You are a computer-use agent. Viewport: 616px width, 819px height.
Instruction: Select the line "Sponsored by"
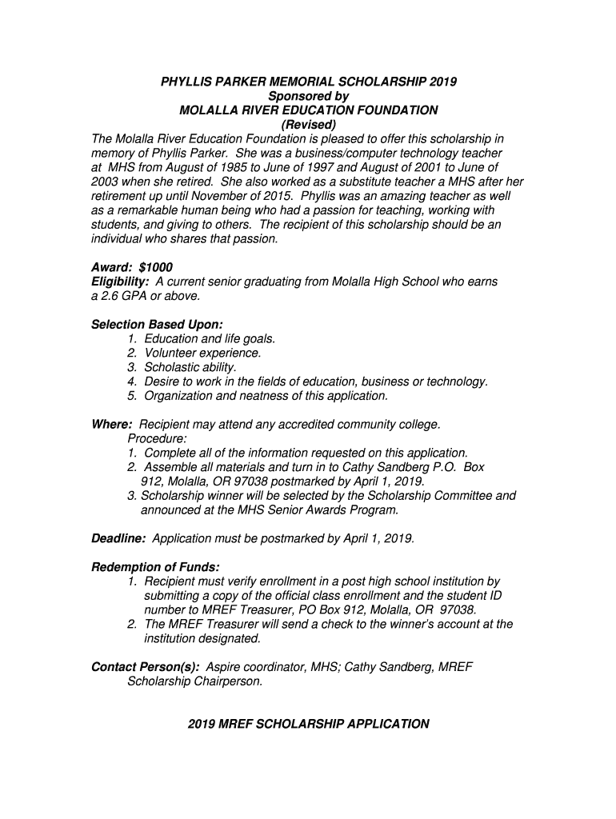pyautogui.click(x=309, y=96)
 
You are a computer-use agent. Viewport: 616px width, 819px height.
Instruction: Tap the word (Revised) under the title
pyautogui.click(x=308, y=125)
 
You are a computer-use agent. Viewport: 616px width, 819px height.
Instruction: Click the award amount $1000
pyautogui.click(x=155, y=267)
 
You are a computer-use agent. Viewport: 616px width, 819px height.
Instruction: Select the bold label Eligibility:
pyautogui.click(x=120, y=282)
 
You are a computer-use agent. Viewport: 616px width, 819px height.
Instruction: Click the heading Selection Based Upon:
pyautogui.click(x=157, y=324)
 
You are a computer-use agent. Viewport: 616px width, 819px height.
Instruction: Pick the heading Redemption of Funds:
pyautogui.click(x=155, y=567)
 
